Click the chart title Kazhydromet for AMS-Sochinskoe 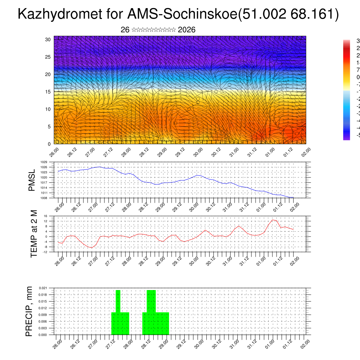(x=178, y=14)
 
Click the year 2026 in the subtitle (x=187, y=30)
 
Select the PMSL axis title (x=32, y=180)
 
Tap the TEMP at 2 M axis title (x=34, y=233)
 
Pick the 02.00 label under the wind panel (x=306, y=152)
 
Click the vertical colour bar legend (x=347, y=90)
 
